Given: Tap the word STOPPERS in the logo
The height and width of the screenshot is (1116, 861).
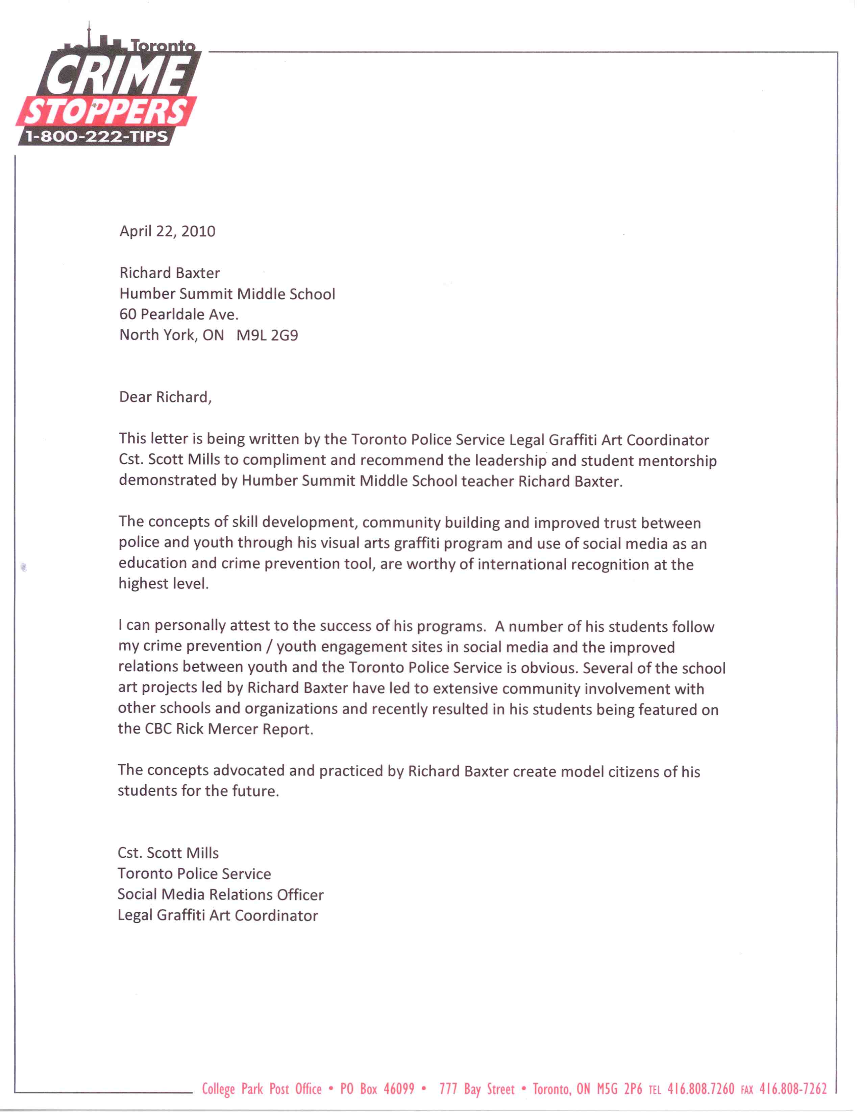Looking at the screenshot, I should click(x=106, y=111).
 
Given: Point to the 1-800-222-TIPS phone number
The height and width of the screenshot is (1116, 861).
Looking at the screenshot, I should click(x=97, y=137).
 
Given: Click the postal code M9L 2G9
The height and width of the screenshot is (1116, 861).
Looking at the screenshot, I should click(x=267, y=335).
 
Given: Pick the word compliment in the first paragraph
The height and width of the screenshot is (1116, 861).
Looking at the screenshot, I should click(x=284, y=460).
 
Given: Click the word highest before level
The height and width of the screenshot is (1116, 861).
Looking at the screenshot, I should click(x=143, y=584).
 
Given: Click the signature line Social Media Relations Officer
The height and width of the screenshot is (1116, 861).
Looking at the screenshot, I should click(x=220, y=895).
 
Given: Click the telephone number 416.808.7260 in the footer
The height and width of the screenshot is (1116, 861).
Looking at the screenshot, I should click(x=700, y=1089).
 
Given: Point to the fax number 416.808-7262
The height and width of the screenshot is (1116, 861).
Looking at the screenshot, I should click(x=792, y=1089).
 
